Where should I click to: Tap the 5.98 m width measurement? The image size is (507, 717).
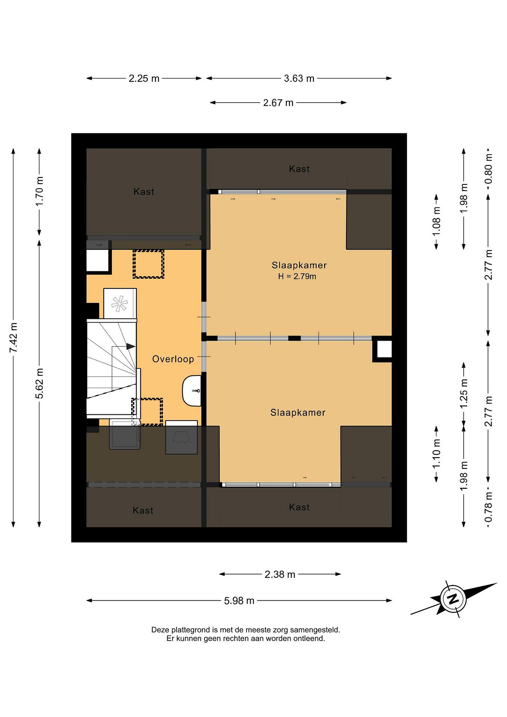pos(239,600)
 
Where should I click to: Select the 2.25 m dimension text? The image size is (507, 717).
pos(144,78)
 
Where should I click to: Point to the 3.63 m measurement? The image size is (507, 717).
pos(299,78)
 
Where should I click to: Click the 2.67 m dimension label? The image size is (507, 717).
pos(278,103)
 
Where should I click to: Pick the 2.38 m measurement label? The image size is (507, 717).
pos(280,574)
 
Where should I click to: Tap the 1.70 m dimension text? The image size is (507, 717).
pos(40,191)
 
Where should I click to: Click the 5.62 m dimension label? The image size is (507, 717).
pos(40,383)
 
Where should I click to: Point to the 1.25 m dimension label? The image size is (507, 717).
pos(464,393)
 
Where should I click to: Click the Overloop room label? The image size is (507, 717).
pos(173,359)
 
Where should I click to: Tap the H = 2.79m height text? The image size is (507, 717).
pos(297,276)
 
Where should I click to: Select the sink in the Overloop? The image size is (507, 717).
pos(192,391)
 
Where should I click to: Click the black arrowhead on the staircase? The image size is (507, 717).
pos(131,346)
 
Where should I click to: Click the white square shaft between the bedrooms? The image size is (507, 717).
pos(384,349)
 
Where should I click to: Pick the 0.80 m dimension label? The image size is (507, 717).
pos(489,169)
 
